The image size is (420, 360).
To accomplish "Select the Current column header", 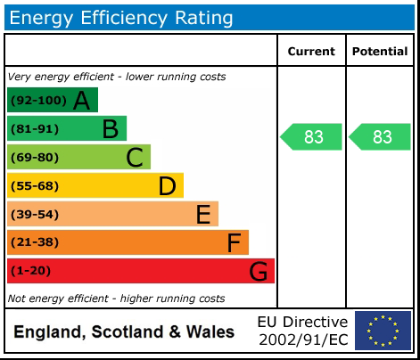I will tap(311, 52).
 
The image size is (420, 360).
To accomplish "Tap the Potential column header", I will tap(379, 52).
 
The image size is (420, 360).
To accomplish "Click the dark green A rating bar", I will tap(53, 101).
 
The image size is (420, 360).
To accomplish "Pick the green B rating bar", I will tap(67, 129).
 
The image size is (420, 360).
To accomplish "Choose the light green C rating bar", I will tap(78, 158).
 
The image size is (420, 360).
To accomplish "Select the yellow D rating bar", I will tap(95, 185).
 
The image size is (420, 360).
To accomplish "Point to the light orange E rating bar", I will tap(112, 214).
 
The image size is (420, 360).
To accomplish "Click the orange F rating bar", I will tap(128, 242).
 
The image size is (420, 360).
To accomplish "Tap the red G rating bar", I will tap(141, 271).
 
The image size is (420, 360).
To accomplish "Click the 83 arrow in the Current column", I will tap(311, 137).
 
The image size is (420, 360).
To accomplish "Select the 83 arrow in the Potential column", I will tap(380, 137).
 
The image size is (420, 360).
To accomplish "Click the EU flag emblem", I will tap(383, 331).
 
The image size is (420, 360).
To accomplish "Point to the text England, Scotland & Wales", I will tap(124, 332).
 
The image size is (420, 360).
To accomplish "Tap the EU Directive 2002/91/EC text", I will tap(302, 331).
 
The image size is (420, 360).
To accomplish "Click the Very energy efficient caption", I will tap(116, 77).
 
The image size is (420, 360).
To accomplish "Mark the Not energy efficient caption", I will tap(116, 299).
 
